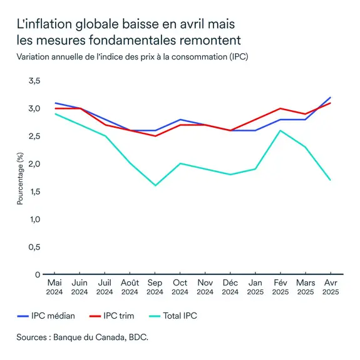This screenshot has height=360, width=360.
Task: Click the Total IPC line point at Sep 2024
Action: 155,185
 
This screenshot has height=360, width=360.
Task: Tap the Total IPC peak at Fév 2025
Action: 280,130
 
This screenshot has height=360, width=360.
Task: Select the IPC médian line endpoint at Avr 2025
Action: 330,97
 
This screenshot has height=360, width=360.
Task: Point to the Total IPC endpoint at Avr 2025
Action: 330,180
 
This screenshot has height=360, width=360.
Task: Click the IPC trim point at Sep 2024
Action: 155,136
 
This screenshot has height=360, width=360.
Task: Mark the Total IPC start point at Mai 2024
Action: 54,114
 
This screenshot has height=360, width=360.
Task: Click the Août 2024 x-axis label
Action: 130,287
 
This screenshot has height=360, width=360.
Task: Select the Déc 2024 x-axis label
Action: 230,287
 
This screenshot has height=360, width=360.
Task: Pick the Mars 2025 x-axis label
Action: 305,287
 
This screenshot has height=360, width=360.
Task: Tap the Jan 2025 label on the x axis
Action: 255,287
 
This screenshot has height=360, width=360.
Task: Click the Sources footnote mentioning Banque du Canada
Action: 83,337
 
